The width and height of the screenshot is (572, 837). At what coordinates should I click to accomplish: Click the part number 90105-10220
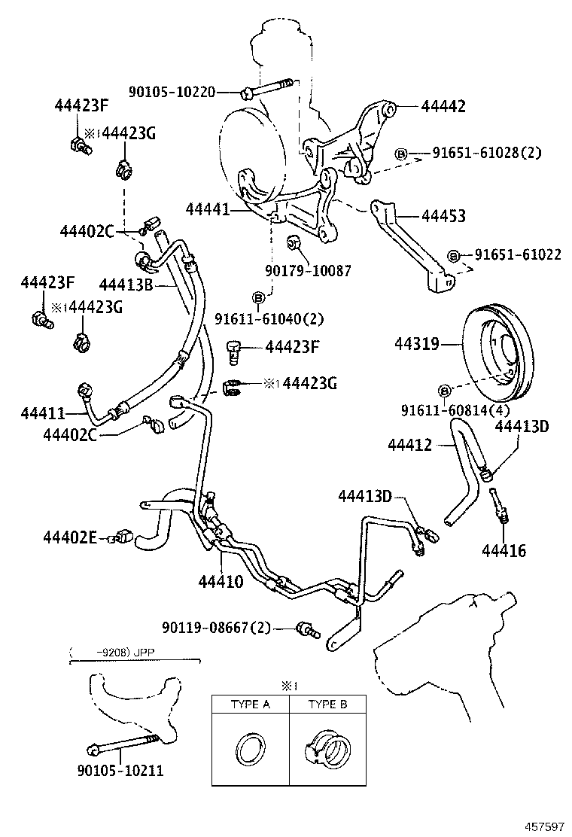tap(172, 92)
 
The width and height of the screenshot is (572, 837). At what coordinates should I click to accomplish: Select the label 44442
tap(443, 107)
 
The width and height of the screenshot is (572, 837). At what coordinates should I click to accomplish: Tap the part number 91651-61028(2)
tap(486, 154)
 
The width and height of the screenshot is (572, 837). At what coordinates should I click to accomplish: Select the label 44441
tap(205, 212)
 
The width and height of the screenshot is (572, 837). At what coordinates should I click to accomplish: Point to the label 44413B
tap(126, 284)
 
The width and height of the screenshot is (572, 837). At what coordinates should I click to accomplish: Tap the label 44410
tap(221, 581)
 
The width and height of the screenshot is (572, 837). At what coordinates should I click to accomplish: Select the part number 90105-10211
tap(120, 771)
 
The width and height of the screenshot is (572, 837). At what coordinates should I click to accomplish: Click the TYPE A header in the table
tap(249, 705)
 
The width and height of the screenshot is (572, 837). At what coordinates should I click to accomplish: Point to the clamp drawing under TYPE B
tap(328, 749)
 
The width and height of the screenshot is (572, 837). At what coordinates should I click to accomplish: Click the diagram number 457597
tap(539, 826)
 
